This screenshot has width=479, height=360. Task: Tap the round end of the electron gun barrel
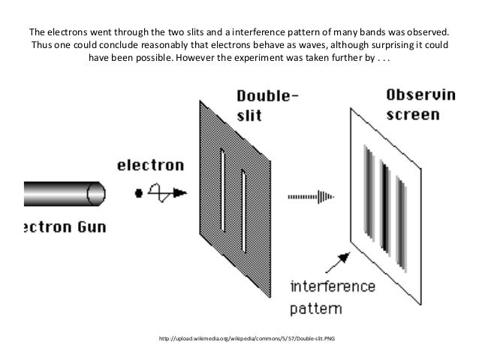coord(95,194)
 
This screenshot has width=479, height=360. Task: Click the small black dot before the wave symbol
coord(138,193)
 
